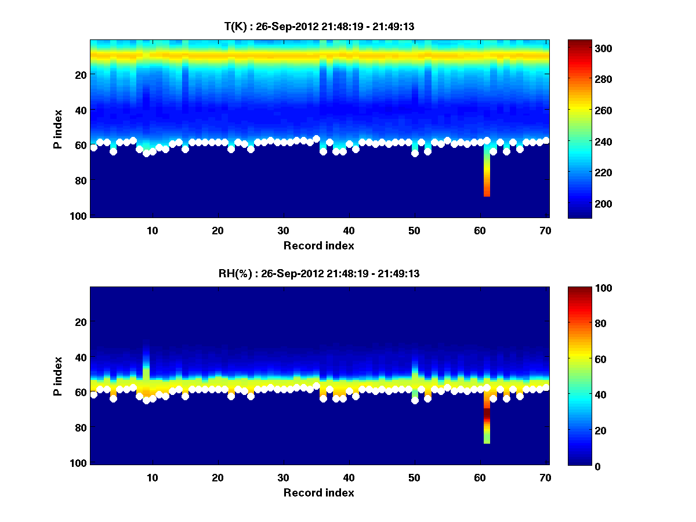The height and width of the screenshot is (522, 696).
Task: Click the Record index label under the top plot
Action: point(318,246)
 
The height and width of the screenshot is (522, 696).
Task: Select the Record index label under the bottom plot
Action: point(318,493)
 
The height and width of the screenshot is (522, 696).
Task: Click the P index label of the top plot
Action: point(57,128)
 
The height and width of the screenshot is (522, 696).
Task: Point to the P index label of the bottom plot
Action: point(57,376)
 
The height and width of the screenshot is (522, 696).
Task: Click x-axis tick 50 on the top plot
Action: point(414,230)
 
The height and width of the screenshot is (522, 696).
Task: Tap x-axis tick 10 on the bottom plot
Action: point(153,477)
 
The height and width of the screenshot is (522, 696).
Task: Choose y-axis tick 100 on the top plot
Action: point(79,216)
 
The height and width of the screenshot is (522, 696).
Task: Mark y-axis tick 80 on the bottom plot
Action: point(81,428)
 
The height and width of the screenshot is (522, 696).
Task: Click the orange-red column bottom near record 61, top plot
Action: point(487,191)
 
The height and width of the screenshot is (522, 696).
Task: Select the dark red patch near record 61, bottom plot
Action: point(487,415)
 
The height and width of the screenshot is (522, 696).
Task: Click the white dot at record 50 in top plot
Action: point(415,154)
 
